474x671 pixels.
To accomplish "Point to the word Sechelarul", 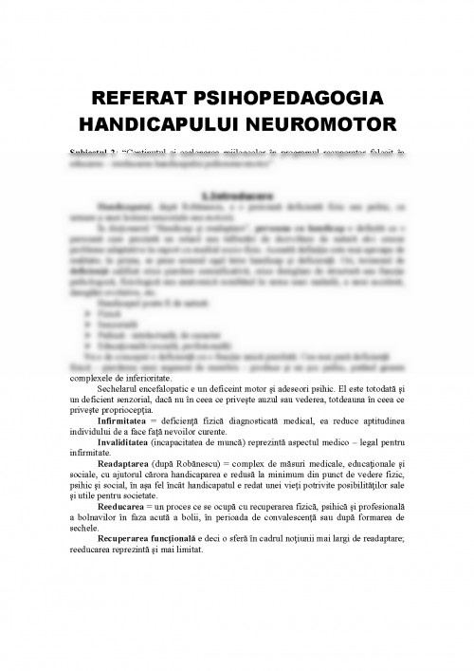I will (121, 388).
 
